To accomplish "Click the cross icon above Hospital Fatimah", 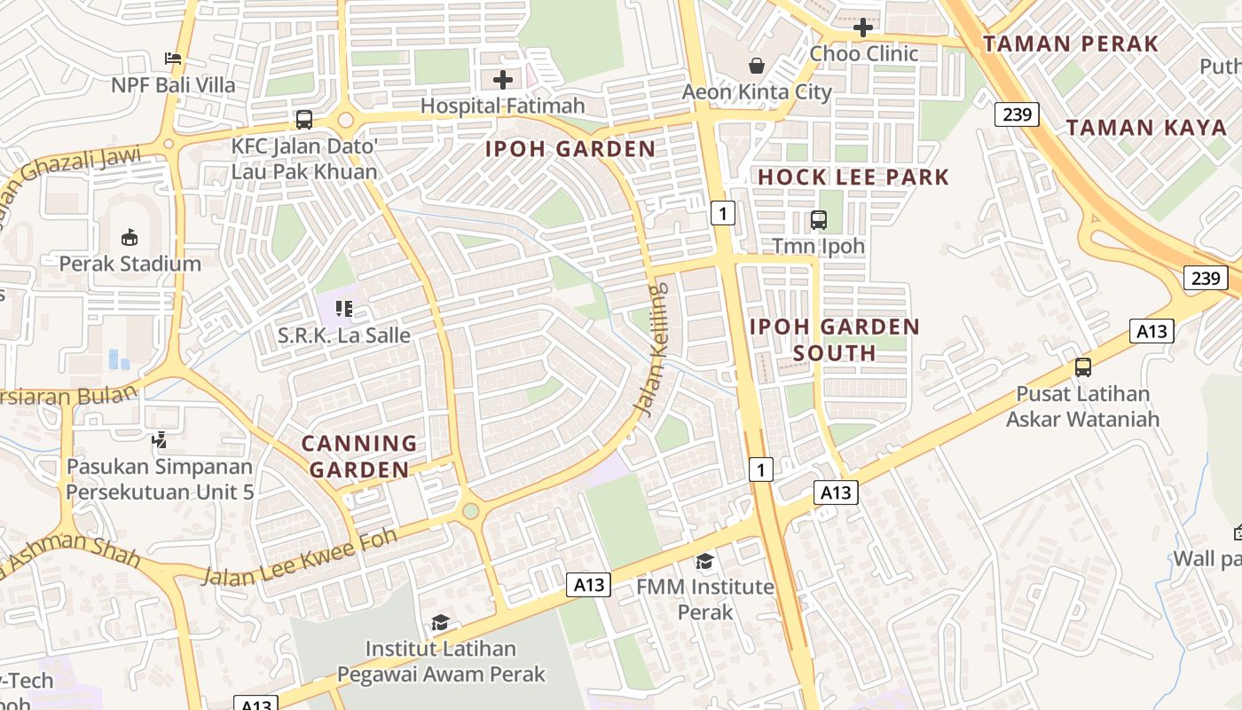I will click(503, 81).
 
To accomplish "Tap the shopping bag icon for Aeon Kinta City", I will click(757, 66).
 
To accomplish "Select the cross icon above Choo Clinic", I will click(862, 28).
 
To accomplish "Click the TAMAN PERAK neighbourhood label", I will click(1071, 43).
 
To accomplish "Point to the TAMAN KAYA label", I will click(1146, 127).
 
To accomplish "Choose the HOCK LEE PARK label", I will click(853, 177).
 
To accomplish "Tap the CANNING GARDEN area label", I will click(359, 456).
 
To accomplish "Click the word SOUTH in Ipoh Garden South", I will click(834, 353).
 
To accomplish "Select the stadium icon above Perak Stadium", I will click(130, 237).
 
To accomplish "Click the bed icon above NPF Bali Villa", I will click(173, 59).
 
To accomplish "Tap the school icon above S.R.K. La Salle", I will click(344, 309).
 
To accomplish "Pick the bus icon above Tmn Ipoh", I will click(818, 219).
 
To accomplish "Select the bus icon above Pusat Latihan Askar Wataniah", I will click(1082, 367).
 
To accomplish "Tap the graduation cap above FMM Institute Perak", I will click(704, 561).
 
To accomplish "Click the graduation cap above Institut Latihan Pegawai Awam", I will click(440, 622).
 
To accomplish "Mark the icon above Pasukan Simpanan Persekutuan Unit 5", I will click(159, 439).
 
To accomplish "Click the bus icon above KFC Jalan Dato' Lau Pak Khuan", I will click(304, 119).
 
